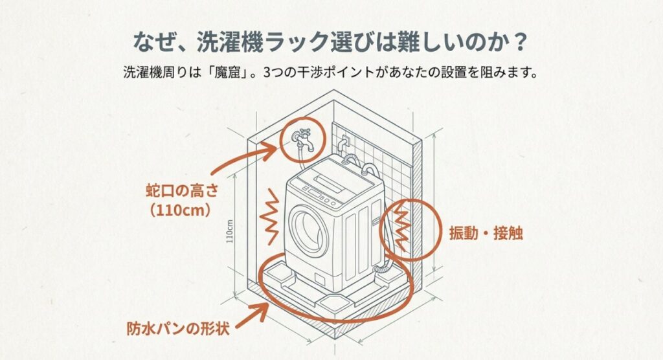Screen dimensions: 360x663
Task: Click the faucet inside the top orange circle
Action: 302,139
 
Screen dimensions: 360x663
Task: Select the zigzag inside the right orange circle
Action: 401,226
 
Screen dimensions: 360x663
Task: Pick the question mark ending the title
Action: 520,42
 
